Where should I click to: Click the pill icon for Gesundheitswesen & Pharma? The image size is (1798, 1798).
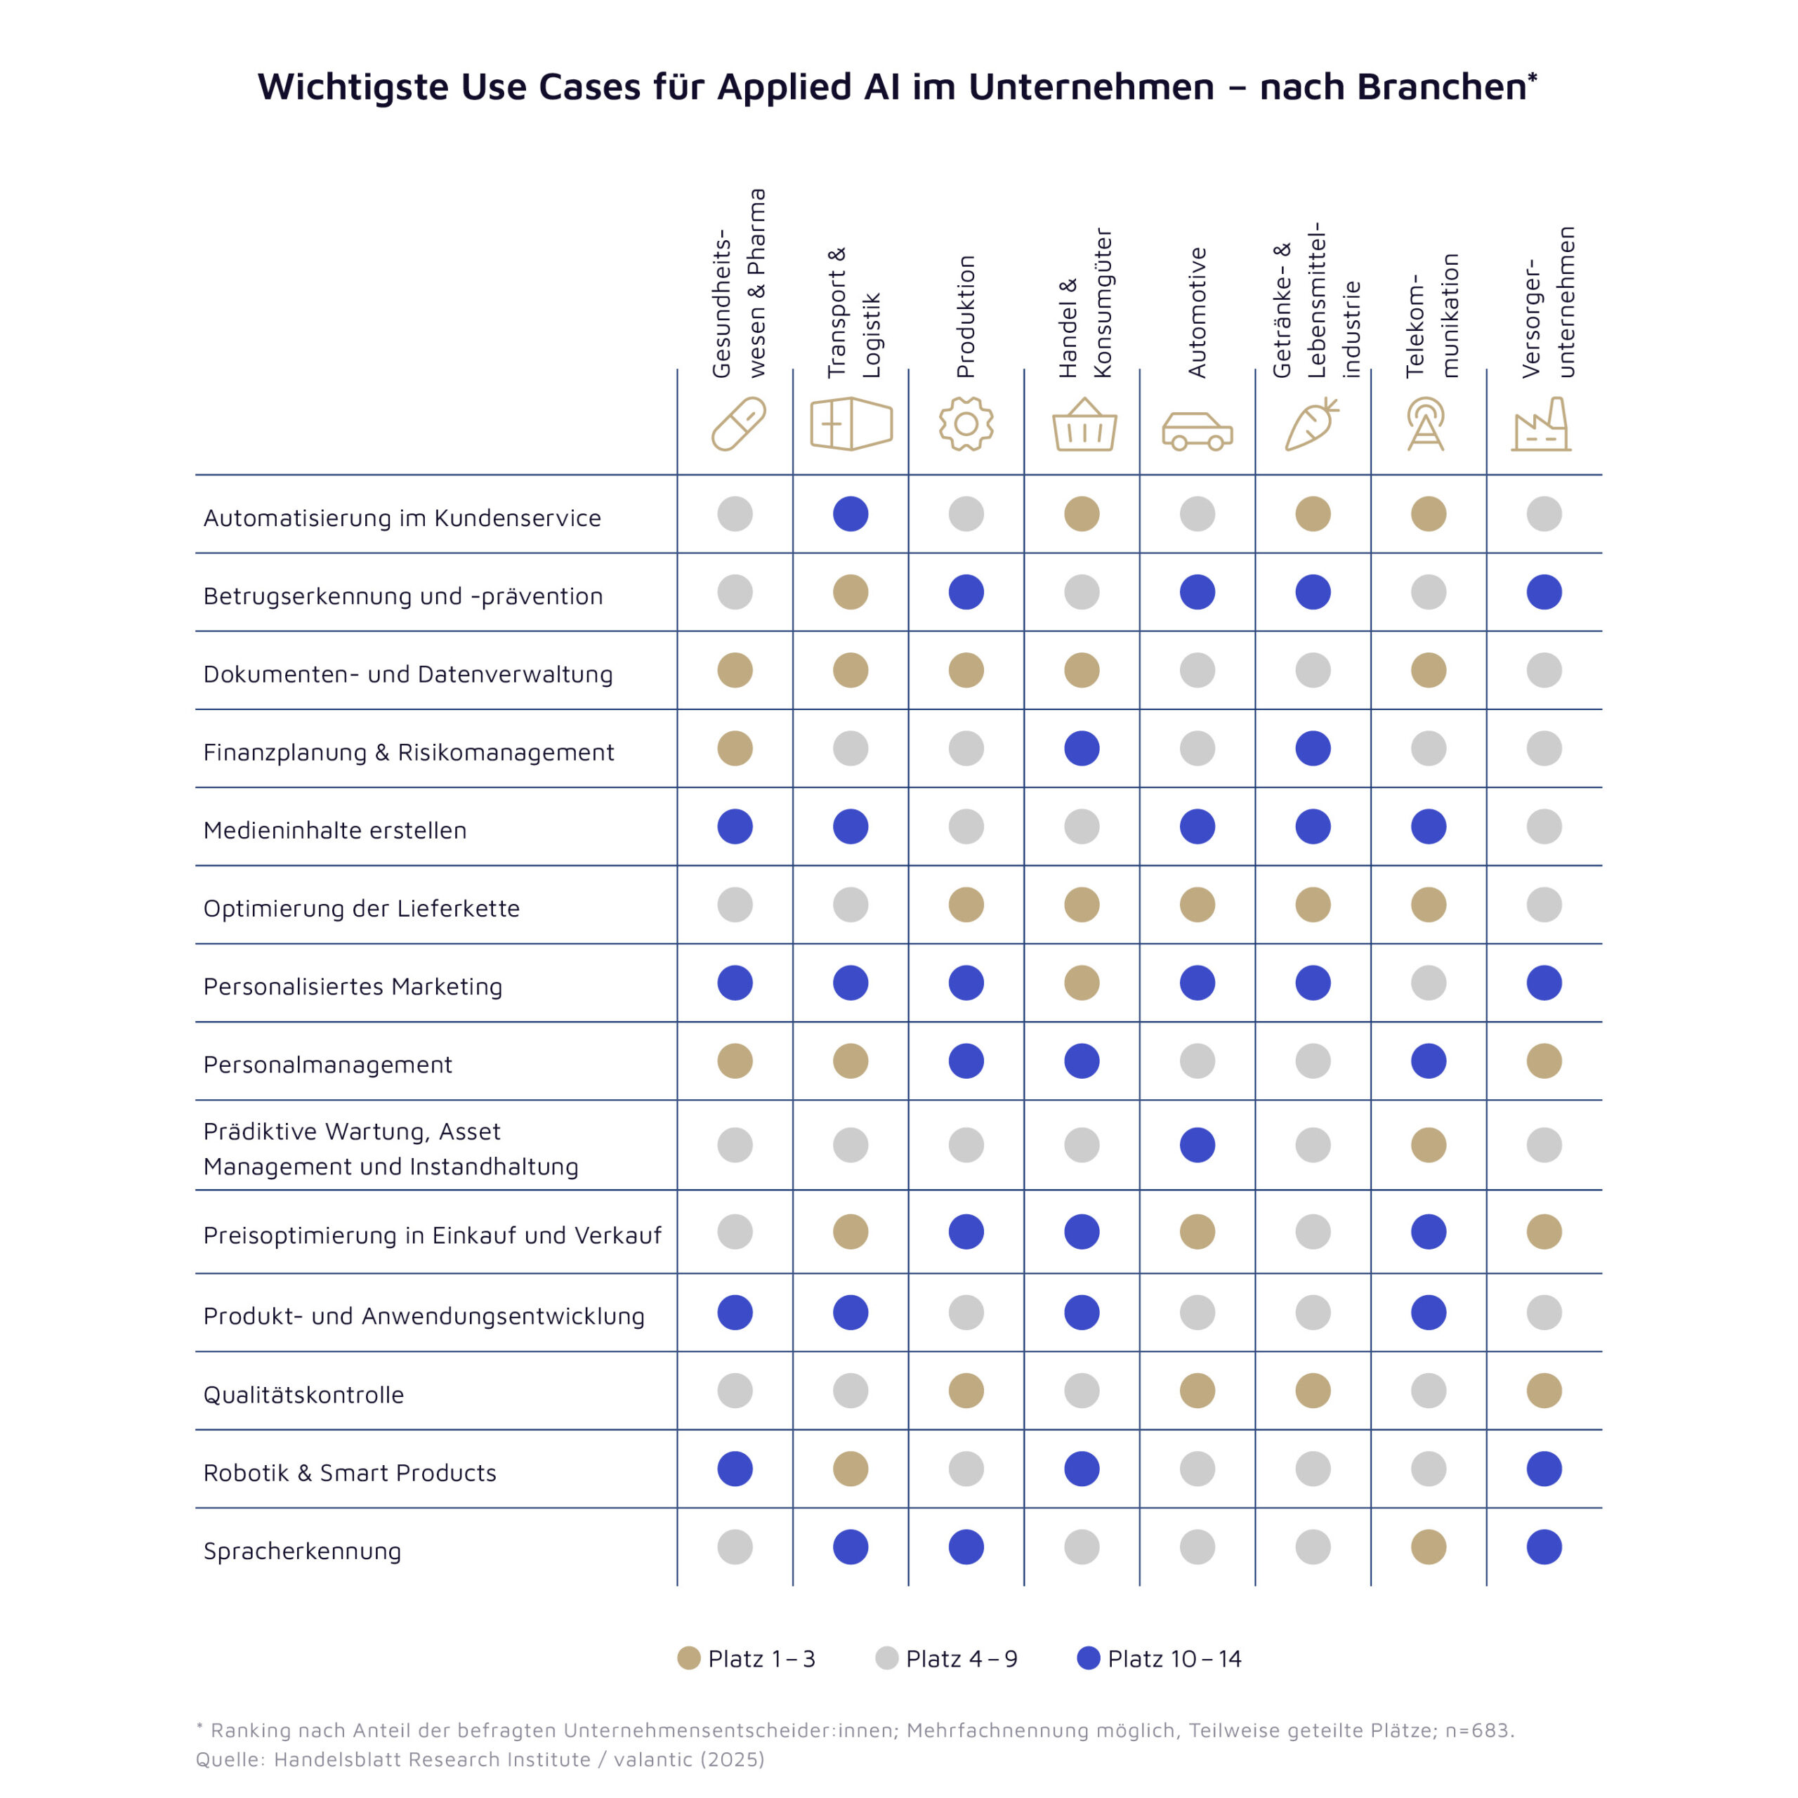[x=738, y=424]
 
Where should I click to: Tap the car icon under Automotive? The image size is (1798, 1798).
[x=1197, y=431]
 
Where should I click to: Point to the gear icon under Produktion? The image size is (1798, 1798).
[x=966, y=424]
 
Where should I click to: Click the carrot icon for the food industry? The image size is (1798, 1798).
[x=1311, y=424]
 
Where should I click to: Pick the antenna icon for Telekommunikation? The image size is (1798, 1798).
[x=1426, y=424]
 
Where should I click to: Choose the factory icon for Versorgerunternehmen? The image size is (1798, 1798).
[x=1541, y=426]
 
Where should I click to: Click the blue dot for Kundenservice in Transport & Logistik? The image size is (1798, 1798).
[x=851, y=513]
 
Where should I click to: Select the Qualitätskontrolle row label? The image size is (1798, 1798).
[x=303, y=1395]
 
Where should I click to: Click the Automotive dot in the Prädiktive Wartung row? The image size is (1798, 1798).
[x=1197, y=1145]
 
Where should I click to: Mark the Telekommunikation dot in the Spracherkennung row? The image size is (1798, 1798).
[x=1429, y=1547]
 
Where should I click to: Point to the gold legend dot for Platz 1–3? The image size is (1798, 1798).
[x=689, y=1658]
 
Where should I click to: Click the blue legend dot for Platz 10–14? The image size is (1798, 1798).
[x=1088, y=1658]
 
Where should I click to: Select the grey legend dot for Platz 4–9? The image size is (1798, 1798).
[x=887, y=1658]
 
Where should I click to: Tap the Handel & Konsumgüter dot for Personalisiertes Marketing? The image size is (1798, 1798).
[x=1082, y=983]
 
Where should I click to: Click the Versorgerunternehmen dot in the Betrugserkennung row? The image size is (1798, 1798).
[x=1544, y=592]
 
